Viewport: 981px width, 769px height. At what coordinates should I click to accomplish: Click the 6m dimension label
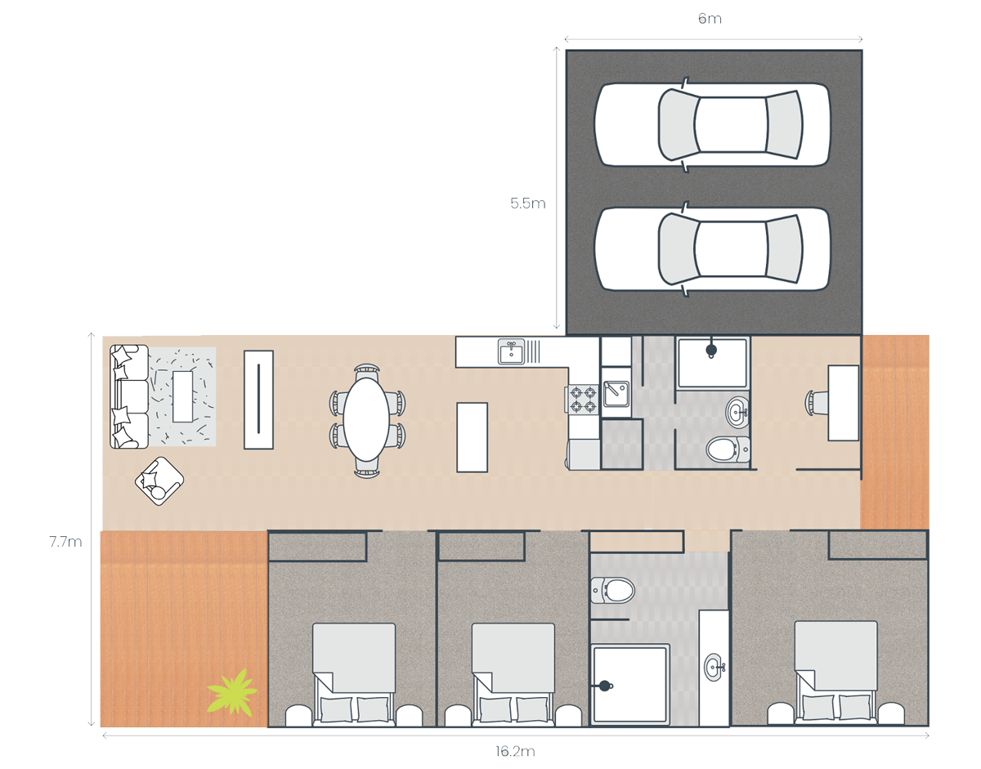coord(710,19)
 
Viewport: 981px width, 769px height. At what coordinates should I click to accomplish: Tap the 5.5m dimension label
coord(528,203)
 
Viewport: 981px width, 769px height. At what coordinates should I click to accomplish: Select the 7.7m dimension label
coord(66,542)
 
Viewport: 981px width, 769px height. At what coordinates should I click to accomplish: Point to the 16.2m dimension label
coord(515,751)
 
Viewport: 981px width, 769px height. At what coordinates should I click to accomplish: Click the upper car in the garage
coord(712,124)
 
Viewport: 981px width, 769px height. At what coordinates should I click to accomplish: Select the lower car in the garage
coord(712,249)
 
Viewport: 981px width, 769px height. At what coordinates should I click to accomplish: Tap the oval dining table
coord(366,420)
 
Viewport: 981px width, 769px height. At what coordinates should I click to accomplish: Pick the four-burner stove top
coord(583,400)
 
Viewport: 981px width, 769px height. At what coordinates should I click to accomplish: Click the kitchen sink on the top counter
coord(512,351)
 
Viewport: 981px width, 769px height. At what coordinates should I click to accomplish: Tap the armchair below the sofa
coord(159,481)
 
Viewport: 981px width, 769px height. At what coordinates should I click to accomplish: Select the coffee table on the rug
coord(183,396)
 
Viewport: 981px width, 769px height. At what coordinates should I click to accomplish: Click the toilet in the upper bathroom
coord(728,449)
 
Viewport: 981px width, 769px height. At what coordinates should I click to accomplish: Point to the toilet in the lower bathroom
coord(612,590)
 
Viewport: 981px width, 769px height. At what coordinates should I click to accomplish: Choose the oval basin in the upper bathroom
coord(737,413)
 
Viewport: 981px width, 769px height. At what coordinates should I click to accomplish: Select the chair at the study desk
coord(817,401)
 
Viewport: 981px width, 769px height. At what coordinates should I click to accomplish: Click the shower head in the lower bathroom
coord(605,686)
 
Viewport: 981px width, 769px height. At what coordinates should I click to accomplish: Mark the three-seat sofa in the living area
coord(129,396)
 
